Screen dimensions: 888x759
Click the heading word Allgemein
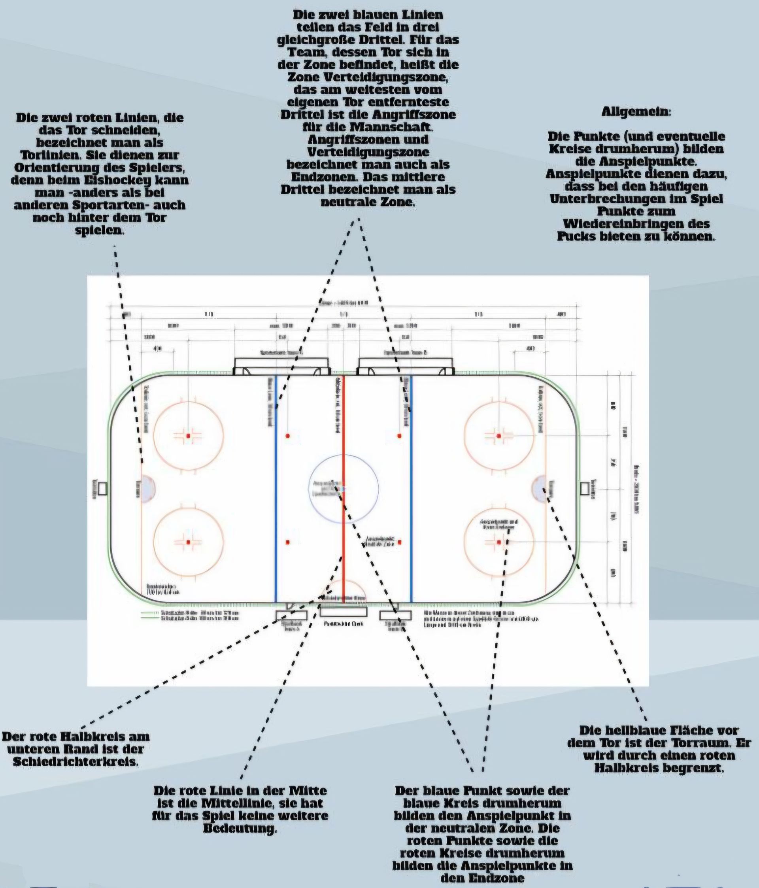(x=636, y=112)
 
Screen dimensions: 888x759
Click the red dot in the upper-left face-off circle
(x=188, y=436)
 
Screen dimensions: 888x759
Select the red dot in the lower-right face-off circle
(x=498, y=542)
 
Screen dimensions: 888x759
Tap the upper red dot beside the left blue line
(x=287, y=436)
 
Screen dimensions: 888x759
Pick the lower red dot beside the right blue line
(x=399, y=542)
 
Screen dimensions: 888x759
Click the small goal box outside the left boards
(x=102, y=488)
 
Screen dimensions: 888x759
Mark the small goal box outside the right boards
(x=585, y=488)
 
